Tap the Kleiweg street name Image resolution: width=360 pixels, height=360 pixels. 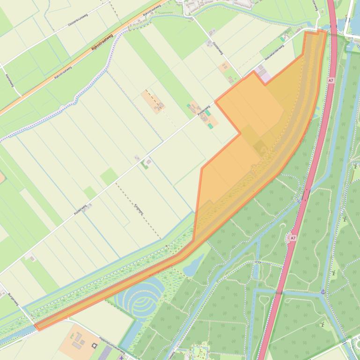click(x=9, y=80)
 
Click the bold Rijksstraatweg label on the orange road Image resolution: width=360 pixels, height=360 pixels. click(x=103, y=43)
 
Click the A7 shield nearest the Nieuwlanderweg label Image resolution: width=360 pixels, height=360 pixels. click(x=331, y=80)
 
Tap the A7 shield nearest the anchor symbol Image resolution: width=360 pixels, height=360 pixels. click(x=293, y=238)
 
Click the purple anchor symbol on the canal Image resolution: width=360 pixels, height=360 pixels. click(x=323, y=291)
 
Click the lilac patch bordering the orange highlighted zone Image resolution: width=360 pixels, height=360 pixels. click(x=264, y=77)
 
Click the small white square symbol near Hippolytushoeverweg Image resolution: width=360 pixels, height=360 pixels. click(x=94, y=346)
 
